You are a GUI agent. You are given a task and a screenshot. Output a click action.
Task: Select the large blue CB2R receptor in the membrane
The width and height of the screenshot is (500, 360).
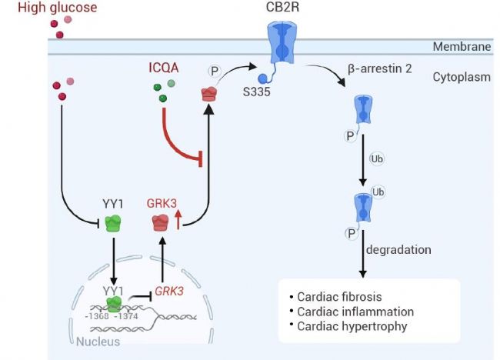pos(285,48)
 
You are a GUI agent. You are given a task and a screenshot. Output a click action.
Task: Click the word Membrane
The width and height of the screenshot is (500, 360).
pos(462,48)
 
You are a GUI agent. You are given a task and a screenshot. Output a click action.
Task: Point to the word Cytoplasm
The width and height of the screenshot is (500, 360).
pos(462,77)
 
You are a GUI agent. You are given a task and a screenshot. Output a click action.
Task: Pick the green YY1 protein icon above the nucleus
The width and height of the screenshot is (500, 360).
pos(113,224)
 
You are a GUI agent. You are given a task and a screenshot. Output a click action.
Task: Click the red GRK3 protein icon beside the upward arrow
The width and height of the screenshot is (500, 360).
pos(162,224)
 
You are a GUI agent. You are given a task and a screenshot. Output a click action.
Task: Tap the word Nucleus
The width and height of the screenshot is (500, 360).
pos(98,341)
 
